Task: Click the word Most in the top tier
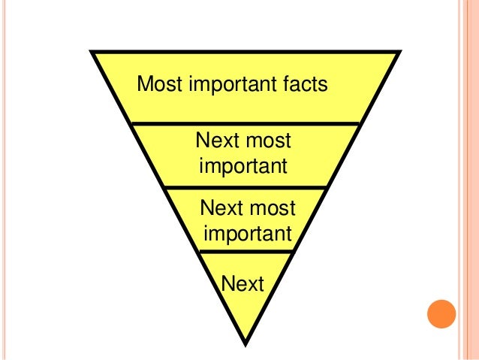(x=159, y=84)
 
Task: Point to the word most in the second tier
(x=268, y=141)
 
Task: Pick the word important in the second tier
(x=242, y=165)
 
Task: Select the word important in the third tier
(x=247, y=233)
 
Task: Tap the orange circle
(x=441, y=314)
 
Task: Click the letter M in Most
(x=144, y=84)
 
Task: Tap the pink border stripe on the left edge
(x=4, y=180)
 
